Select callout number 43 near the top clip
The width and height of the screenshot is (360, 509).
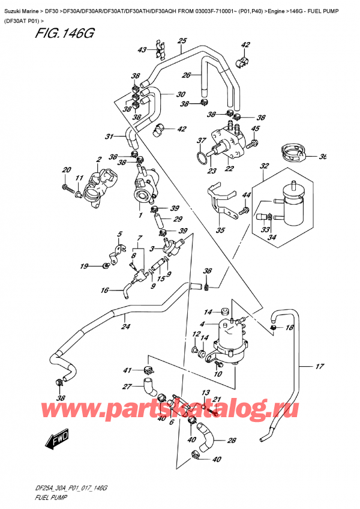[x=142, y=50]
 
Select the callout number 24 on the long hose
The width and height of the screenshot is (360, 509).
[x=125, y=328]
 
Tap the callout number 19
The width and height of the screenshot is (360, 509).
[x=84, y=265]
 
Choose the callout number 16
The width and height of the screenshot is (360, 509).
[x=104, y=291]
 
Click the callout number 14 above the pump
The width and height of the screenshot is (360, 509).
[x=208, y=312]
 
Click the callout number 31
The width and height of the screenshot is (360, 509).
[x=109, y=136]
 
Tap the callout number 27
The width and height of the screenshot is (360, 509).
[x=127, y=387]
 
